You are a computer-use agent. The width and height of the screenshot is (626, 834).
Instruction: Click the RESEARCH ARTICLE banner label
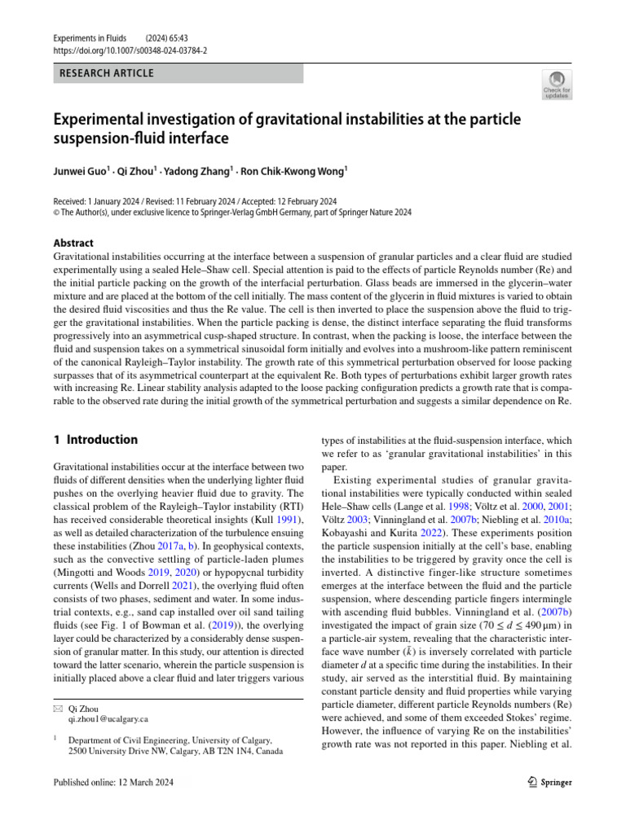106,73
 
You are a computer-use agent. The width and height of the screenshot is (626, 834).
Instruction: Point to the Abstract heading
73,243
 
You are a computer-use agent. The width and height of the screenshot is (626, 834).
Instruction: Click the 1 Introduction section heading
95,440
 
